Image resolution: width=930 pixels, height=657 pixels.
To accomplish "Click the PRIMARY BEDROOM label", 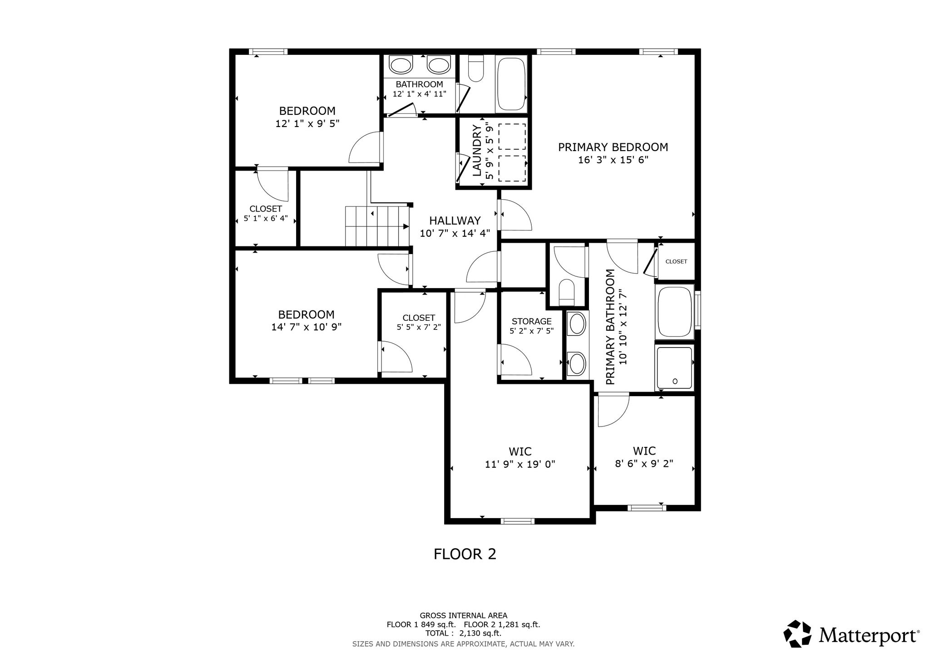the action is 613,147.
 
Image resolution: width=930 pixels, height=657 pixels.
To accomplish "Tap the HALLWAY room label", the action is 455,221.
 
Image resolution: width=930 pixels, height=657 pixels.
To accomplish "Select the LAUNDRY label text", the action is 477,151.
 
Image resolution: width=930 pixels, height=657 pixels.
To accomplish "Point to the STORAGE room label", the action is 532,322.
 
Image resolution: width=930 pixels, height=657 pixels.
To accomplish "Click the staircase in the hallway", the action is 377,226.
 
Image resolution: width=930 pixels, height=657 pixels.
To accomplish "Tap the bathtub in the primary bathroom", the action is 674,312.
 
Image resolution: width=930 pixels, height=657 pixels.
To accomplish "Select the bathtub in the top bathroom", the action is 511,84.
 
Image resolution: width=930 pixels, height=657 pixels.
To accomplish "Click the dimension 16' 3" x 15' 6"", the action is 613,160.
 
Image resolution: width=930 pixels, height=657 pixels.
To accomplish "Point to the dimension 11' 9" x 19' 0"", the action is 520,465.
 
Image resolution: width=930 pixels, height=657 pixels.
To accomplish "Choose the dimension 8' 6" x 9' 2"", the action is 644,464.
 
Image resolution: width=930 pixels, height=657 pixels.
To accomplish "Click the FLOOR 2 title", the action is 465,554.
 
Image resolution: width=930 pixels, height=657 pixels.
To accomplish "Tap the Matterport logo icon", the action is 798,634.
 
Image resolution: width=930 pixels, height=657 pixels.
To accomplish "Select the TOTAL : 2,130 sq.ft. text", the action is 463,633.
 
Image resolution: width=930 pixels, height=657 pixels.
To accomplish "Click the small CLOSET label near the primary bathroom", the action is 676,262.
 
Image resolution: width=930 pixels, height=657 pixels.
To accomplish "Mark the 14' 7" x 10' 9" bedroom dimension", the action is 307,327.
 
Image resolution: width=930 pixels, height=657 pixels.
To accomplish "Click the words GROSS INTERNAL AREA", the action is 463,616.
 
